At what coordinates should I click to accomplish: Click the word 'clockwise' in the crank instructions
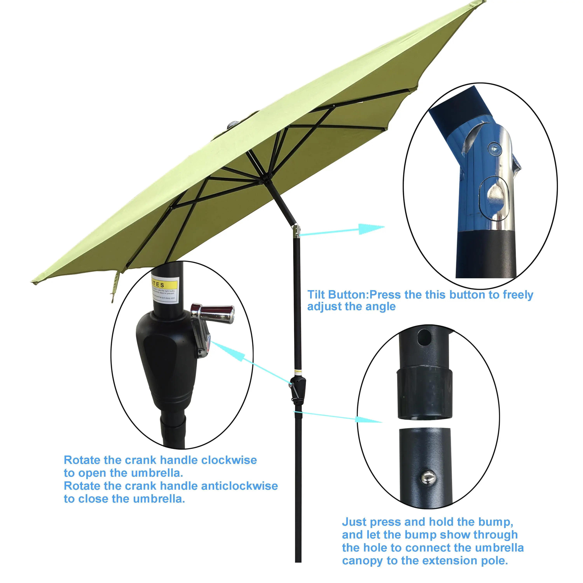[x=229, y=460]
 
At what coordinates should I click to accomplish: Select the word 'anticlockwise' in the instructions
[x=239, y=486]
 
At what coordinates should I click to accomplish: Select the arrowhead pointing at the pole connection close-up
[x=367, y=419]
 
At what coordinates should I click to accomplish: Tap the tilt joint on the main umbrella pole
[x=296, y=231]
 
